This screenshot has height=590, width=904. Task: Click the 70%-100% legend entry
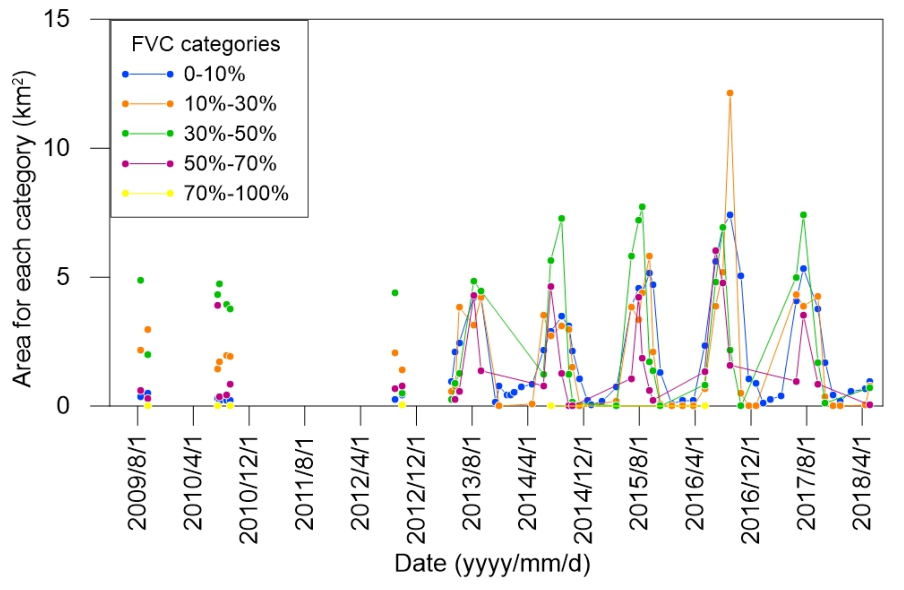coord(236,193)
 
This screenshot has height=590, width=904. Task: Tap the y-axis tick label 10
coord(57,148)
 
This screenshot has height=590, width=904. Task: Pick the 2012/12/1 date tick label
coord(416,490)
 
